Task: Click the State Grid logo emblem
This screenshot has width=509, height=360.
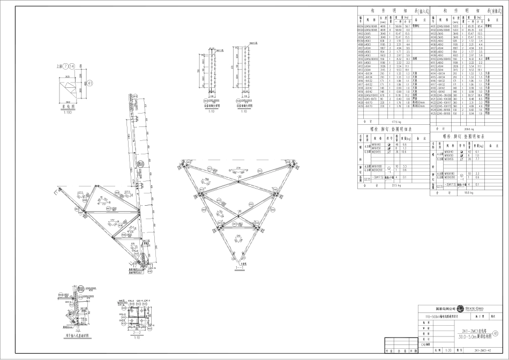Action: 459,309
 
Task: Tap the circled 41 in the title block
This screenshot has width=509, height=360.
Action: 502,333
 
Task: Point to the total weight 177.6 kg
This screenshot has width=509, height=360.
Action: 395,122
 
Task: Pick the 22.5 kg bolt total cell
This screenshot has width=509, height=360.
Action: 395,185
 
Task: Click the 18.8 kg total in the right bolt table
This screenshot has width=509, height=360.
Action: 466,191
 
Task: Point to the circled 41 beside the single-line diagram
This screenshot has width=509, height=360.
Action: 89,82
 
